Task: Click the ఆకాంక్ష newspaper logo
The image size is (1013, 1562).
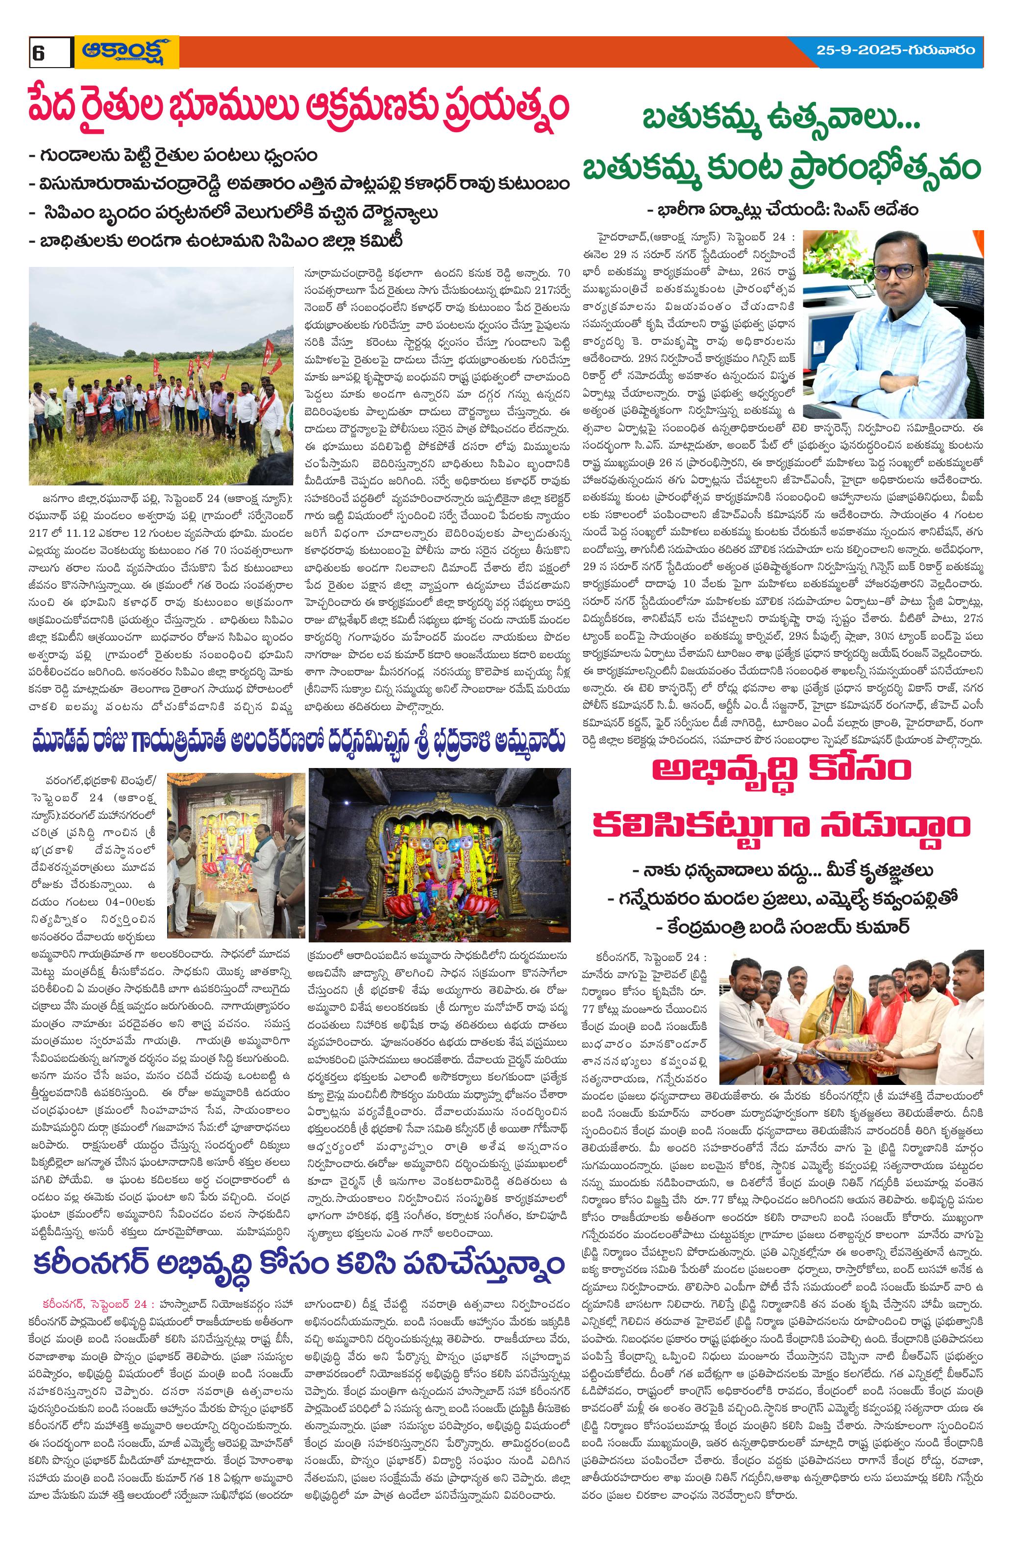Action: [126, 52]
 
